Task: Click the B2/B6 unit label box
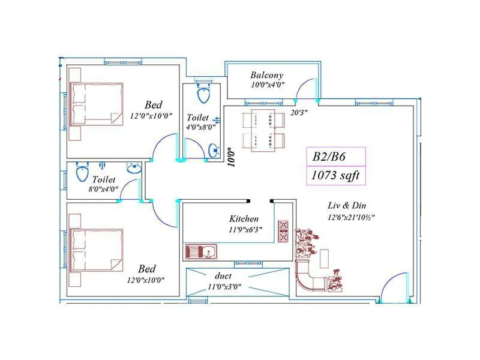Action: (335, 157)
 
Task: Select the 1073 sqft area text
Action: (335, 175)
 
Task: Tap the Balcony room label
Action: (267, 75)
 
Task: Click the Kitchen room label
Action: (244, 219)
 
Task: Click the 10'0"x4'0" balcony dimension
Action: (267, 85)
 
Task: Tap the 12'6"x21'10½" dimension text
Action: (352, 217)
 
